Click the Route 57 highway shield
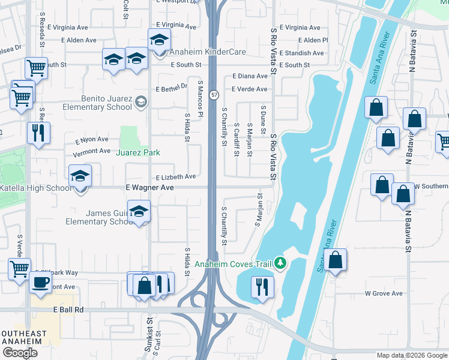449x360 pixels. (x=214, y=95)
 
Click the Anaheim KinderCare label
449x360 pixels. (x=208, y=52)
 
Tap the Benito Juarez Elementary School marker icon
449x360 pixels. (x=141, y=101)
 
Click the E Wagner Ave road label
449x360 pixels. (x=149, y=188)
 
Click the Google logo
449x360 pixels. (x=20, y=353)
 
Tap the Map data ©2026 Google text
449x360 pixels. (x=411, y=355)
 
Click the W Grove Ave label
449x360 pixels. (x=384, y=293)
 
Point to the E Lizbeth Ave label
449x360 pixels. (x=176, y=177)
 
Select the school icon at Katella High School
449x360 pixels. (x=80, y=176)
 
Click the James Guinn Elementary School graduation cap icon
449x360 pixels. (x=139, y=212)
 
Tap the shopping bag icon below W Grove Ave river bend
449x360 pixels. (x=336, y=260)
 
